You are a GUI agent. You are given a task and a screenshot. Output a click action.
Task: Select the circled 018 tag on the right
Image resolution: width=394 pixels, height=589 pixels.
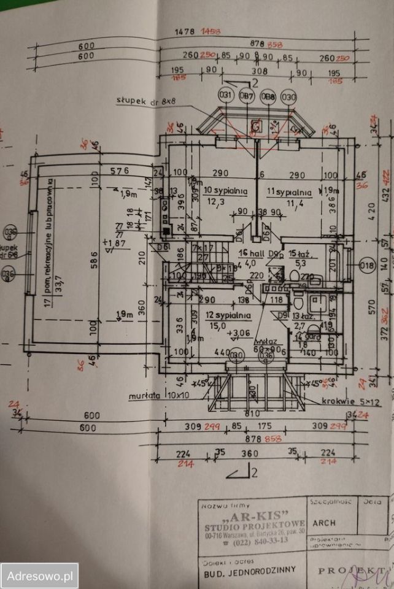coord(367,266)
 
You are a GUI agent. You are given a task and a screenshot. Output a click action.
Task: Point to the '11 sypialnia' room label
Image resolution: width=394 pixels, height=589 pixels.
coord(289,191)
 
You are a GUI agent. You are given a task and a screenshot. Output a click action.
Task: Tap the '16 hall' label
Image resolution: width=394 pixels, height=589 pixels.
coord(247,253)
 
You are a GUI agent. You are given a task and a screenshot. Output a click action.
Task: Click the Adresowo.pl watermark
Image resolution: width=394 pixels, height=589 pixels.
coord(39,576)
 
